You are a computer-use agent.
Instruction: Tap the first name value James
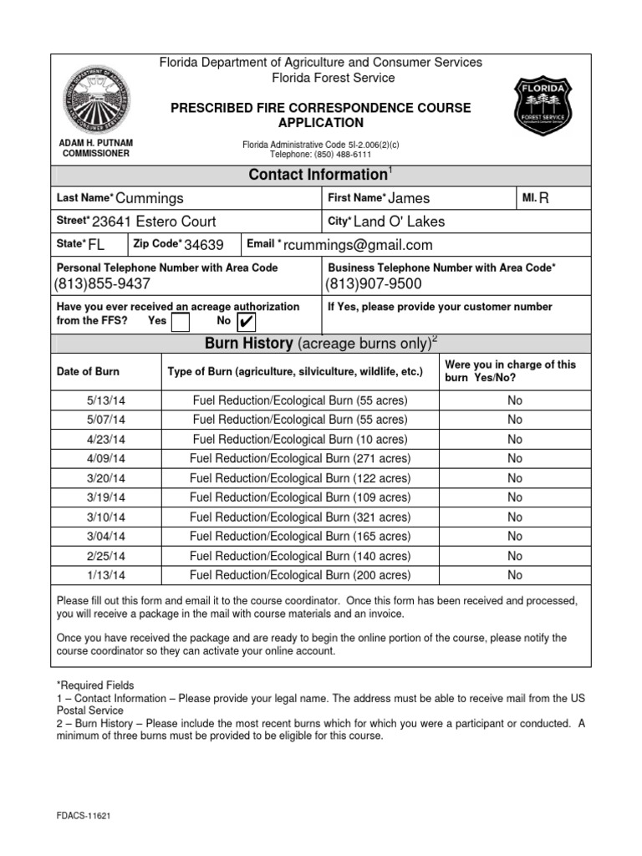pos(410,198)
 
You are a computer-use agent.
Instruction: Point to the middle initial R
pos(544,197)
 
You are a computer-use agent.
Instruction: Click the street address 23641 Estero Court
pos(154,222)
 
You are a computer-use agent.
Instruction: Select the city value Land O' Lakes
pos(400,222)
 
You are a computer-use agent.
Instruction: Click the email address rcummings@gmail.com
pos(358,245)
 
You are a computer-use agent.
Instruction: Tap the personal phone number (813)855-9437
pos(103,284)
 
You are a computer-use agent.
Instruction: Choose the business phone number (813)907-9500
pos(374,284)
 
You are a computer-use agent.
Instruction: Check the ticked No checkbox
pos(247,322)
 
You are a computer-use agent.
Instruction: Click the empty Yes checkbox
pos(180,322)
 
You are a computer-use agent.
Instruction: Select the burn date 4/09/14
pos(106,459)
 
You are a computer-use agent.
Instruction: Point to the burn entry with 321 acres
pos(300,517)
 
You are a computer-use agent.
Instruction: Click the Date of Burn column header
pos(88,371)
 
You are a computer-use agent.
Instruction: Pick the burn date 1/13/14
pos(106,575)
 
